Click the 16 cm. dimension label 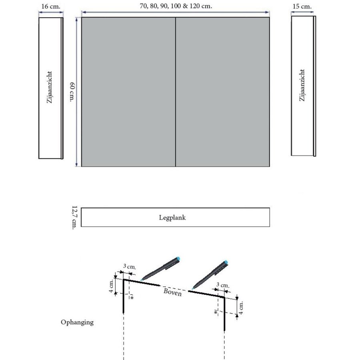50,6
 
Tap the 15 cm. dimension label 303,7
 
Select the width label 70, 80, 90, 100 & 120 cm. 176,6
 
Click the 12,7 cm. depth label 74,217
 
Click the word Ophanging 77,322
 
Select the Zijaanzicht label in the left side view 50,88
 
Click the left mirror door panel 128,92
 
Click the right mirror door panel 222,92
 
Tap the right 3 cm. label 223,285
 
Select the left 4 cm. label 112,286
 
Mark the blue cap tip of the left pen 178,258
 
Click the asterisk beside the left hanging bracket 132,298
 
